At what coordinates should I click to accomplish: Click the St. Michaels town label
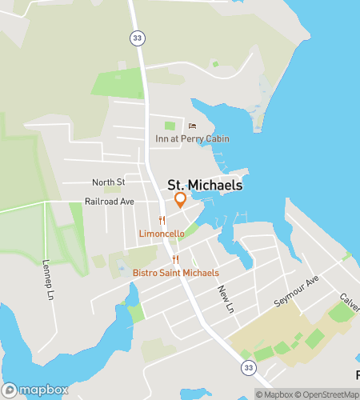206,185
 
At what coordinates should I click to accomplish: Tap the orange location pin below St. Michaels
181,199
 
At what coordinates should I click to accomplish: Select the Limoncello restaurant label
162,233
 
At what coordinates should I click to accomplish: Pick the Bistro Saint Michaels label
175,273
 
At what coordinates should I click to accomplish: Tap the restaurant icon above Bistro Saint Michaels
175,260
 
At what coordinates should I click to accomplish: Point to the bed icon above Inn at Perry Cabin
191,126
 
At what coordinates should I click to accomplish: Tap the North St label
109,182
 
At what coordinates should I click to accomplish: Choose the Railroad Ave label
110,202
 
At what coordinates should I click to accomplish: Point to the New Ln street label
226,298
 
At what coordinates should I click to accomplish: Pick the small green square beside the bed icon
170,126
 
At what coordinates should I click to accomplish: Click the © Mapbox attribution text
274,394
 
